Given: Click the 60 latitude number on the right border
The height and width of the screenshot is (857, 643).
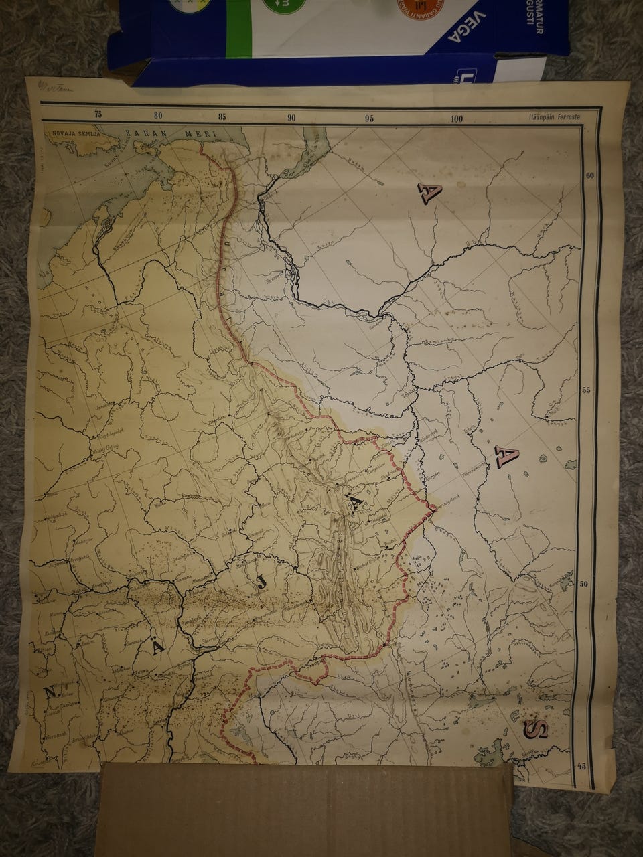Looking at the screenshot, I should pyautogui.click(x=590, y=177).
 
